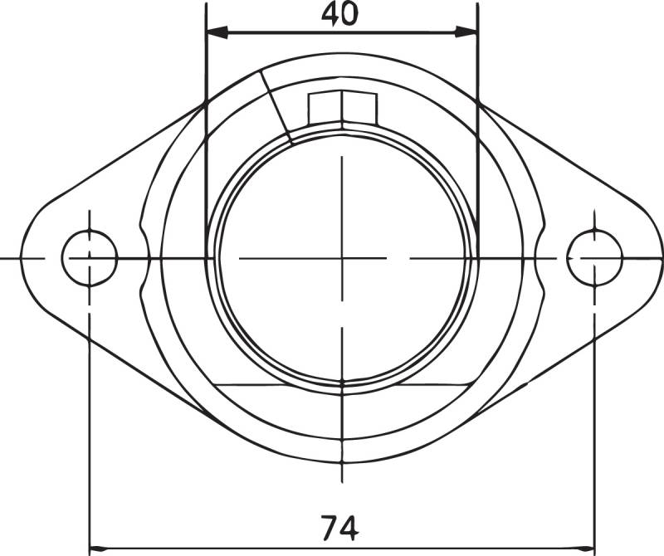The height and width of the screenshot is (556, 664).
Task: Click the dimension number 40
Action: (339, 14)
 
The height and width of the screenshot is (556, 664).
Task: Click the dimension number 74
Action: (339, 528)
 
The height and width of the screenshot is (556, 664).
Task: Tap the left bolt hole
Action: (90, 258)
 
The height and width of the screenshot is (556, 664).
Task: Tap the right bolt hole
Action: (594, 258)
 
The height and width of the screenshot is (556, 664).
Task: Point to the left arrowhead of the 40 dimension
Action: (217, 32)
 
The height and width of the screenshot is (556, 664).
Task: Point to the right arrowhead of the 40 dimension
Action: (466, 32)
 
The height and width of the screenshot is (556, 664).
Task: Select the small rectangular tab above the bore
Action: (343, 108)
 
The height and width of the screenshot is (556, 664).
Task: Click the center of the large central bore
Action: (342, 258)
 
